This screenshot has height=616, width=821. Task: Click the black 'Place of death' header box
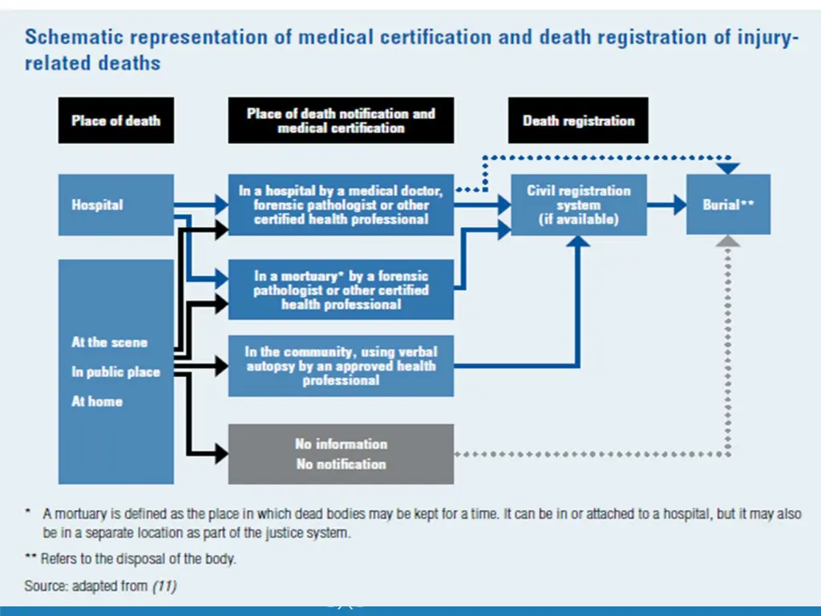click(x=115, y=121)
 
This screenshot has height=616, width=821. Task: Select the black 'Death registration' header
click(x=578, y=121)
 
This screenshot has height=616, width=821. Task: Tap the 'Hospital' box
click(x=115, y=205)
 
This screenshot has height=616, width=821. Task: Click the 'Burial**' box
click(x=728, y=205)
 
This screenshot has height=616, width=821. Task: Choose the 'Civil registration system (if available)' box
click(x=578, y=205)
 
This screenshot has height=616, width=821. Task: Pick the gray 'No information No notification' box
click(x=341, y=454)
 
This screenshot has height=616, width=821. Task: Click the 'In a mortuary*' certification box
click(x=341, y=290)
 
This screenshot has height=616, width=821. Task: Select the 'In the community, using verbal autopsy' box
click(x=341, y=366)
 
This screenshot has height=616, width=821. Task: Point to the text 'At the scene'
click(x=109, y=342)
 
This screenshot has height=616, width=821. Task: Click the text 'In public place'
click(x=115, y=372)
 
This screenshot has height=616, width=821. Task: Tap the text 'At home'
click(x=97, y=401)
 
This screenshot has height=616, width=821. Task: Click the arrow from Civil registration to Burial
click(x=666, y=205)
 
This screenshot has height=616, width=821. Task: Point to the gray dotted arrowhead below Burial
click(x=728, y=241)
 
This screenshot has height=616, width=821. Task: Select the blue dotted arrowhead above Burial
click(x=728, y=168)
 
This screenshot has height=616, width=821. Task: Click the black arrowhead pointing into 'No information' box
click(x=220, y=454)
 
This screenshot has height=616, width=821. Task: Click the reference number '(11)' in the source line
click(x=164, y=586)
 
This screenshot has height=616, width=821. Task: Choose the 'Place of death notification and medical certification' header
click(x=341, y=121)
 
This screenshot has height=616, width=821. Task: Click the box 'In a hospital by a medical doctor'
click(x=341, y=205)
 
